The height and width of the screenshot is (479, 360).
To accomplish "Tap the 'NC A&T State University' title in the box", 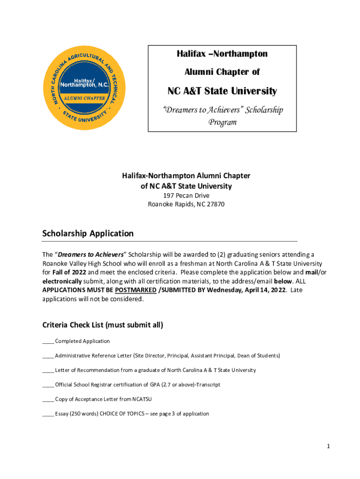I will [x=222, y=91].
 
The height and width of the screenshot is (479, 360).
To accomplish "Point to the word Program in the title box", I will [x=222, y=122].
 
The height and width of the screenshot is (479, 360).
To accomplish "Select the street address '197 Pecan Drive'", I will [x=186, y=196].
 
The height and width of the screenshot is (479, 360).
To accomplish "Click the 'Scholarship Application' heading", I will [x=88, y=233].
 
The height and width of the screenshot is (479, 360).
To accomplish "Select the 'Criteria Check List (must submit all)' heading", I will [x=102, y=325].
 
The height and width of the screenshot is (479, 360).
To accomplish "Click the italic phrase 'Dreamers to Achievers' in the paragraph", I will [x=90, y=254].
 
